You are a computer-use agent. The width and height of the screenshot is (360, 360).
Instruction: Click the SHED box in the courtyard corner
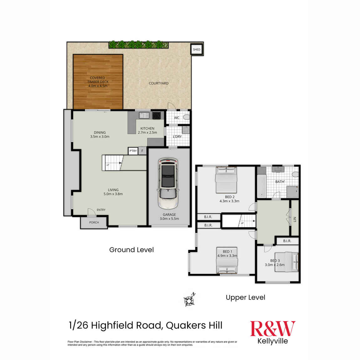[x=197, y=49]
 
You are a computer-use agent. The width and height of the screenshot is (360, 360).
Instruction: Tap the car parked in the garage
[x=168, y=183]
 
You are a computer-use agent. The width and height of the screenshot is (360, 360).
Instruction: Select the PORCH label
[x=94, y=223]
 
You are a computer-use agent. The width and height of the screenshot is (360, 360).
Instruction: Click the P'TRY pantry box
[x=133, y=151]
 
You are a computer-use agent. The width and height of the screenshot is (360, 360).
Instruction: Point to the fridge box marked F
[x=142, y=151]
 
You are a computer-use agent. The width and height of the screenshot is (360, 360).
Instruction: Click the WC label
[x=177, y=118]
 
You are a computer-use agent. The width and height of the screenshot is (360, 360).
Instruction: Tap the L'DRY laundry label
[x=177, y=136]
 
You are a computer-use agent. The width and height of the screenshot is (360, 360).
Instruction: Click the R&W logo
[x=273, y=329]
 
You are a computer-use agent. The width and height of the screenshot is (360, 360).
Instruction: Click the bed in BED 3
[x=286, y=262]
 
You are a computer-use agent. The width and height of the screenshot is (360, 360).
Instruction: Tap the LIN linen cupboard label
[x=295, y=219]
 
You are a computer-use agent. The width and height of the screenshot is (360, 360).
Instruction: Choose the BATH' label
[x=280, y=182]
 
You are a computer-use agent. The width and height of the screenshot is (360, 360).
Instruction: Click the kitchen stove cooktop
[x=157, y=115]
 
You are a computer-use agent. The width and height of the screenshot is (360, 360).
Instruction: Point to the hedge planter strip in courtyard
[x=138, y=44]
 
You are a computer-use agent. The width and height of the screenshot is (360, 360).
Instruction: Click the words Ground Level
[x=131, y=250]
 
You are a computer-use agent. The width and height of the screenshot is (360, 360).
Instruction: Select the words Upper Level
[x=245, y=298]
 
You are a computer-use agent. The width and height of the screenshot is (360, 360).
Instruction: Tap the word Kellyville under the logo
[x=273, y=341]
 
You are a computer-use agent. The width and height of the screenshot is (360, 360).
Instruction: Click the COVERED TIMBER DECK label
[x=98, y=82]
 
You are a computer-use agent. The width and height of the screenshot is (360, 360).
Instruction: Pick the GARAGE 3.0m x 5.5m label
[x=169, y=217]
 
